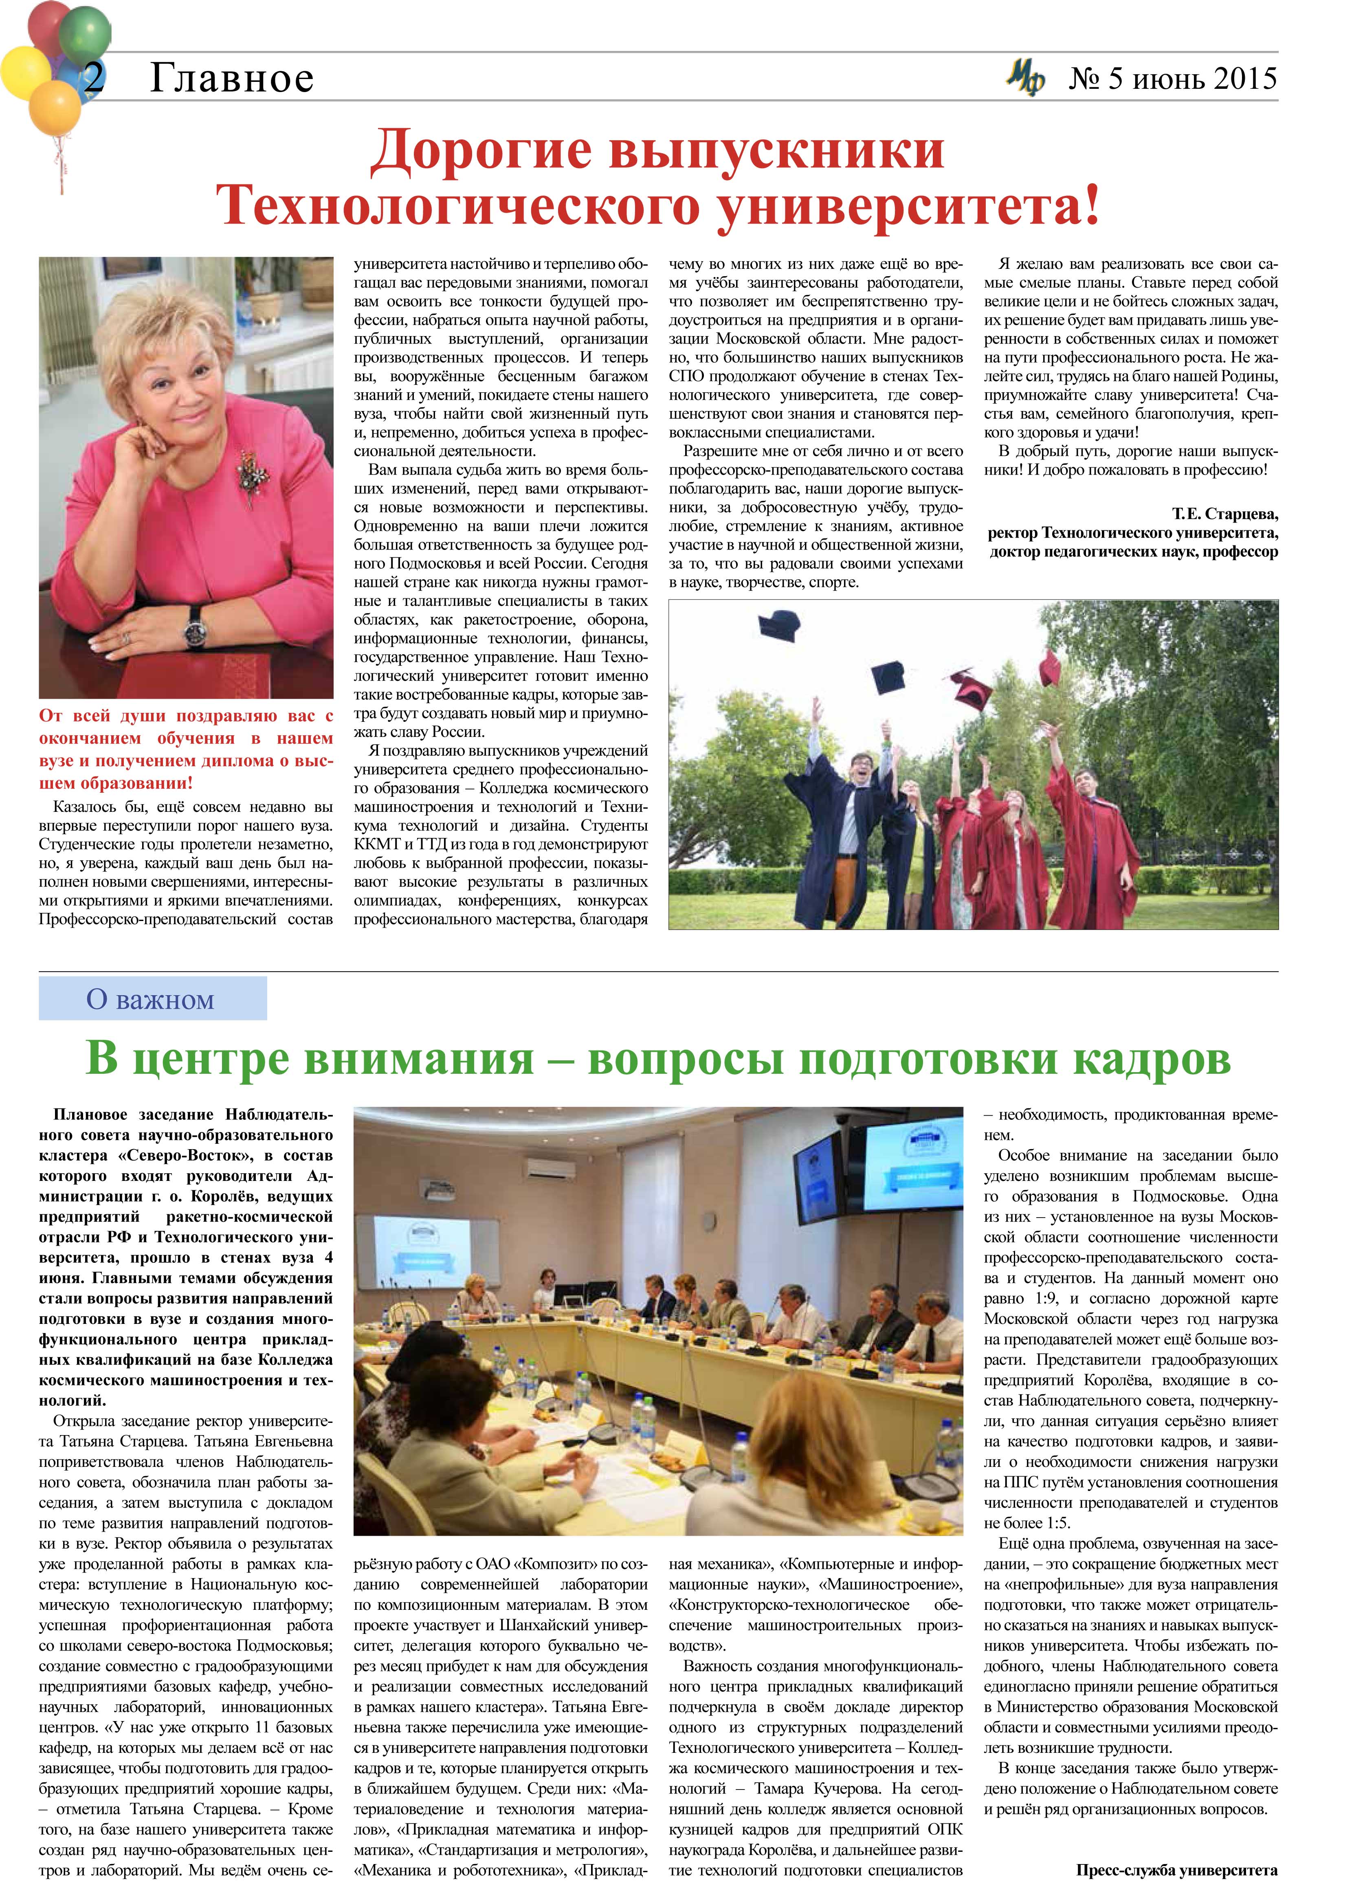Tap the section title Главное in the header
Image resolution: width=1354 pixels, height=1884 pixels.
tap(232, 79)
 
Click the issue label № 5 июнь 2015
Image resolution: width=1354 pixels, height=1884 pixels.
tap(1172, 79)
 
